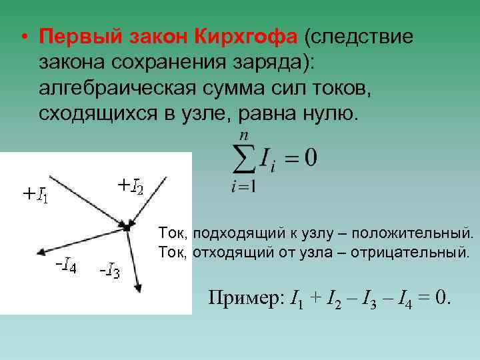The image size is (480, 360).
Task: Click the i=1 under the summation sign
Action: (x=243, y=187)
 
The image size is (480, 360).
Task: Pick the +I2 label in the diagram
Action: (x=130, y=185)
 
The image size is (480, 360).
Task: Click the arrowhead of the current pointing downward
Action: (x=138, y=287)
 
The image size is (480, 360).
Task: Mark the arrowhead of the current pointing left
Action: (x=41, y=252)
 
